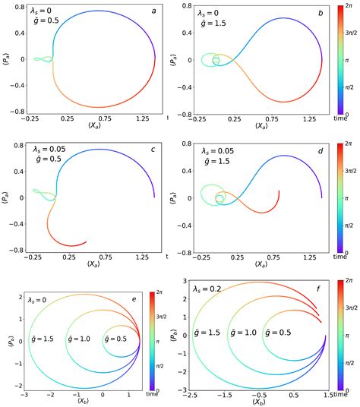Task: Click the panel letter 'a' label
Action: (153, 11)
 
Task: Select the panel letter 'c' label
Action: (153, 149)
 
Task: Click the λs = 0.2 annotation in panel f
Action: (207, 289)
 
